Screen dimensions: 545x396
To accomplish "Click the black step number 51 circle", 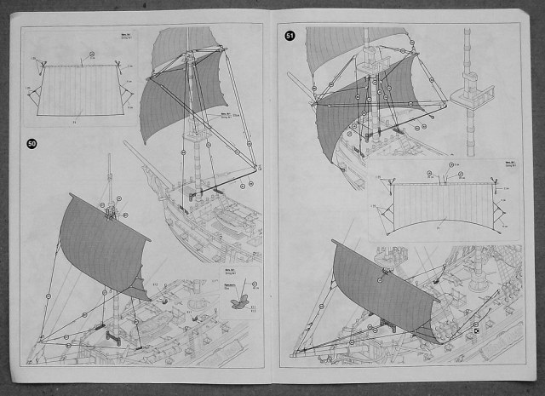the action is coord(290,37).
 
